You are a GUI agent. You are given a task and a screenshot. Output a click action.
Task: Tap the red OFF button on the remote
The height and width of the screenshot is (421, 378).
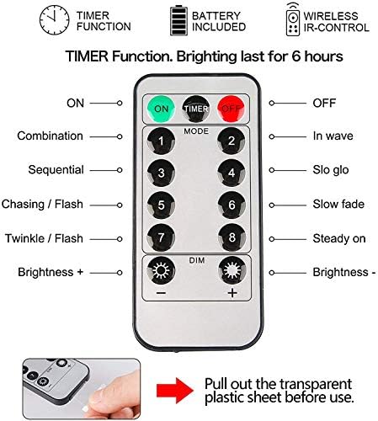[232, 109]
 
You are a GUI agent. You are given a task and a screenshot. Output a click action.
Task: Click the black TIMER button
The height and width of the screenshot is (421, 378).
[196, 109]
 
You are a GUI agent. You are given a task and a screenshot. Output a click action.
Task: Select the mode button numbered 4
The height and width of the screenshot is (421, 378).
[232, 173]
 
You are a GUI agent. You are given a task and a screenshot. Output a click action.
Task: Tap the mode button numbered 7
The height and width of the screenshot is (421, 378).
[161, 237]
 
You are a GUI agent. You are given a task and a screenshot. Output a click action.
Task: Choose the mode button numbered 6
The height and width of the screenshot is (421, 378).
[232, 205]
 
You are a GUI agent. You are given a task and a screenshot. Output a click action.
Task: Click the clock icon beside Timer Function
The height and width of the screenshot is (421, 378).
[54, 20]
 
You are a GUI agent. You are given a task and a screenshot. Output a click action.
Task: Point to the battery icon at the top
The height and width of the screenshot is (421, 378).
[178, 21]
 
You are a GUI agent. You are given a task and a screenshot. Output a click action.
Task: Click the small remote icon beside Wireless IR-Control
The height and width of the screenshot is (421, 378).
[293, 19]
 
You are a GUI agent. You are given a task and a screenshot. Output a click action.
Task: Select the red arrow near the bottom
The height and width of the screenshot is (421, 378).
[175, 390]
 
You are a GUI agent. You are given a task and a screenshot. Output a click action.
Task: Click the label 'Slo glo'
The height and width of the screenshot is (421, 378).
[331, 170]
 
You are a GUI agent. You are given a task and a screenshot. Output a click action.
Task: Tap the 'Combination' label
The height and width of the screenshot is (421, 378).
[51, 136]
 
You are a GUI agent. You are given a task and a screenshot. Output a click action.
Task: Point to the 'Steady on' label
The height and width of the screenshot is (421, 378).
[339, 238]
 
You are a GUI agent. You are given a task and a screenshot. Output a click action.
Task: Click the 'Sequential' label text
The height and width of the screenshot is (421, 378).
[56, 170]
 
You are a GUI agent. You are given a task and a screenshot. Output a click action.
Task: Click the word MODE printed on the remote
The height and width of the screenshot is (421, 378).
[196, 131]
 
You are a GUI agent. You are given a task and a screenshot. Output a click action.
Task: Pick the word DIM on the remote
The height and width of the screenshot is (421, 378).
[197, 260]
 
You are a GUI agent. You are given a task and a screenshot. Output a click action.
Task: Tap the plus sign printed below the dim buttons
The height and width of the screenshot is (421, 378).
[232, 293]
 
